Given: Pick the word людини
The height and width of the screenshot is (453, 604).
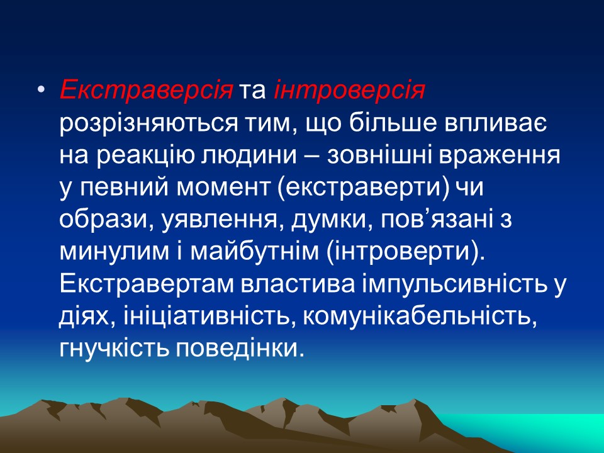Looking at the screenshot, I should tap(245, 157).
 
